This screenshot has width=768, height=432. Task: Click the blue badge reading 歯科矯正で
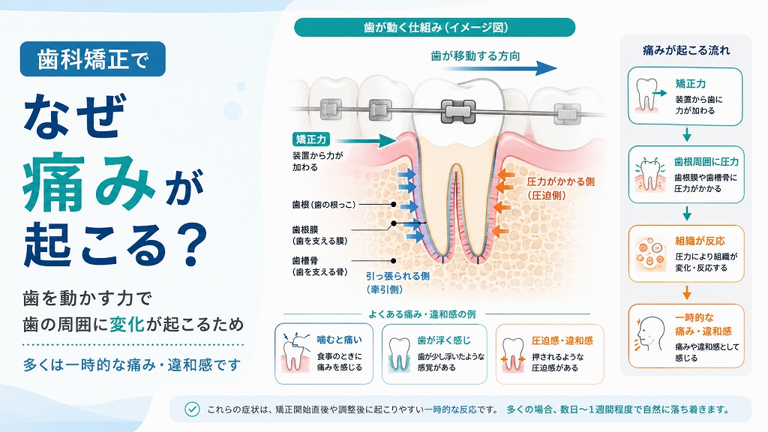click(92, 59)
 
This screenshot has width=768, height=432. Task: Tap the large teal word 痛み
click(89, 182)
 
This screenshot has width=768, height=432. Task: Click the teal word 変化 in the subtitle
click(127, 324)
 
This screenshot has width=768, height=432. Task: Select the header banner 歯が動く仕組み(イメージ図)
click(434, 28)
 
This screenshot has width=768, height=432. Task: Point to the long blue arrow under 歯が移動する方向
click(499, 68)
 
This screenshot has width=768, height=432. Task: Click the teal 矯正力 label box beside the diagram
click(311, 139)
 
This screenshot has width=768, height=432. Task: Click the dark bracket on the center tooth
click(458, 112)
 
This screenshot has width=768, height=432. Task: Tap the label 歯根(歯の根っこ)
click(324, 205)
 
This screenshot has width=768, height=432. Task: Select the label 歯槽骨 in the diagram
click(305, 261)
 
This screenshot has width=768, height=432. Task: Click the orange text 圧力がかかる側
click(561, 182)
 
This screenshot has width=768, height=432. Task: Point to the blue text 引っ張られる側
click(397, 276)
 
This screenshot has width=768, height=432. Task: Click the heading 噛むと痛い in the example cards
click(340, 340)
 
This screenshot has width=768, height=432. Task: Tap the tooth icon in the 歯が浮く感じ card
click(399, 355)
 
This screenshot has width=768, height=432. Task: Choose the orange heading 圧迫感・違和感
click(562, 341)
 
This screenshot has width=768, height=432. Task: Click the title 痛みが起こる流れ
click(686, 50)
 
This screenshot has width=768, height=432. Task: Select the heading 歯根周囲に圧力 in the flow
click(706, 162)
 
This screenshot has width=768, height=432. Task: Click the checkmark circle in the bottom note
click(192, 409)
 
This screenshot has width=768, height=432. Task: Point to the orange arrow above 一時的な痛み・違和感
click(687, 292)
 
